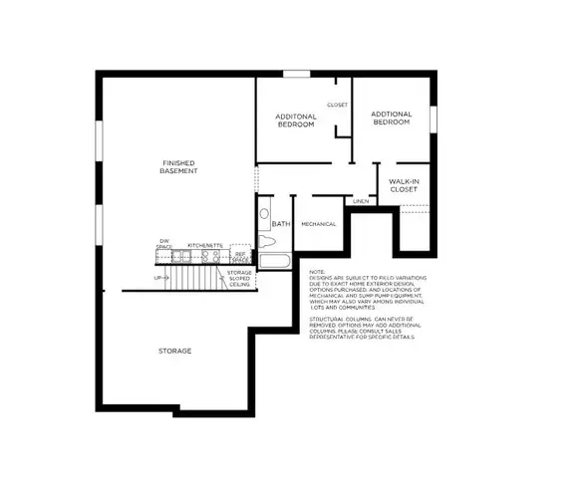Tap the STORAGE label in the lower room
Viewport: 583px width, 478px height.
[x=174, y=352]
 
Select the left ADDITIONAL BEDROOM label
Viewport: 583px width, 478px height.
[x=296, y=120]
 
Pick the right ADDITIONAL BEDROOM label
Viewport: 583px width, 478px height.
[x=391, y=118]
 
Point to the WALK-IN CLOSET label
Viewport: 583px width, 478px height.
[x=403, y=184]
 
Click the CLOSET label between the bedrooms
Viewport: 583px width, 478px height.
[x=337, y=105]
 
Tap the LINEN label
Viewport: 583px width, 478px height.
[x=360, y=201]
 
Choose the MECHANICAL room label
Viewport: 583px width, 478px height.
[x=318, y=224]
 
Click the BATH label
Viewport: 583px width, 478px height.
[x=280, y=224]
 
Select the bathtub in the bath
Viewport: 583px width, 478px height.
[x=273, y=263]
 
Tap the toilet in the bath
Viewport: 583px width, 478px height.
[x=265, y=237]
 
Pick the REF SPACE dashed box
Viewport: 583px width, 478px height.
[x=239, y=257]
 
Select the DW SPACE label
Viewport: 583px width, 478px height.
[x=164, y=244]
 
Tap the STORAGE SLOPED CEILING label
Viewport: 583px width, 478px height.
[x=239, y=278]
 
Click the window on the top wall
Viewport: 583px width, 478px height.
[x=296, y=72]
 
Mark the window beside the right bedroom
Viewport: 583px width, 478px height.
[x=434, y=118]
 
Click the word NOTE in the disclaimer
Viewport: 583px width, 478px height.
[x=317, y=272]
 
